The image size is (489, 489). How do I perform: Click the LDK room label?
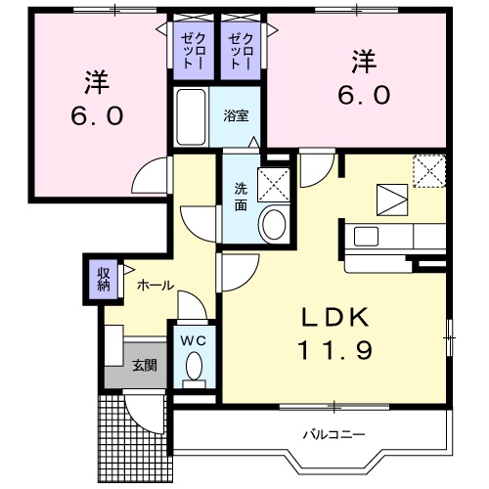coord(333,317)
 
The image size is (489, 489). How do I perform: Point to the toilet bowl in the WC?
coord(194,368)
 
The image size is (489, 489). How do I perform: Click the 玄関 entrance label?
coord(145,365)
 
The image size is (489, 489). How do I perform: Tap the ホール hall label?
coord(156,286)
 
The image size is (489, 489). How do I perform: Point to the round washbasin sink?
coord(274,224)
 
